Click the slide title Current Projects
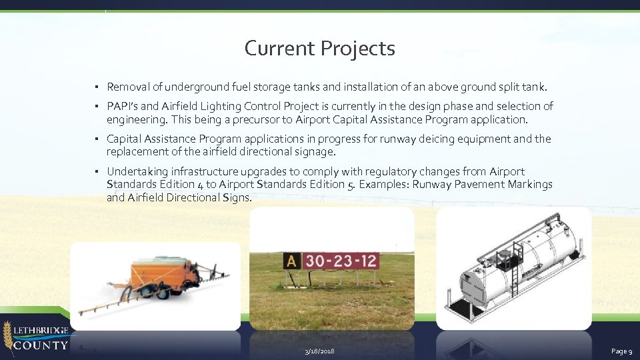click(x=319, y=49)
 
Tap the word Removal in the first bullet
click(x=127, y=87)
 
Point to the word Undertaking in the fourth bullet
click(x=136, y=171)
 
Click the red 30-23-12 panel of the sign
click(x=341, y=261)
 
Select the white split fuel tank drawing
click(x=517, y=267)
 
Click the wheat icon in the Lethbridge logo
click(x=7, y=336)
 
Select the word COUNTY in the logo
click(x=41, y=345)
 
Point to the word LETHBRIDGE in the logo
click(x=42, y=330)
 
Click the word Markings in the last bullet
click(x=530, y=185)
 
